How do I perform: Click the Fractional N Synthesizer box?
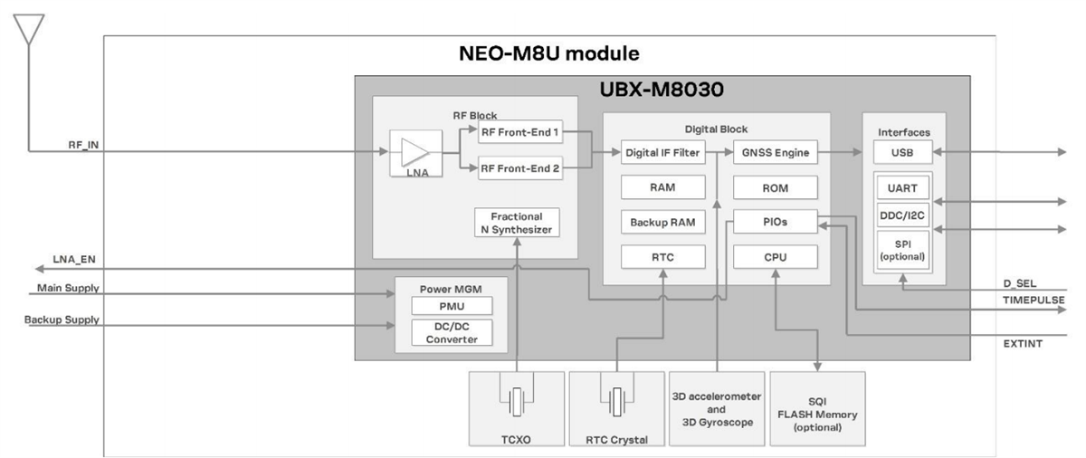516,223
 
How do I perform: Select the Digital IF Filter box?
662,153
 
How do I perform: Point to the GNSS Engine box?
775,153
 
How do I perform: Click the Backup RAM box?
662,223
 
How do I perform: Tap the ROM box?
775,188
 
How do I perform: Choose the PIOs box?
775,223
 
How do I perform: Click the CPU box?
775,258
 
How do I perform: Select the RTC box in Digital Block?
662,258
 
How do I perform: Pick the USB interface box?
902,153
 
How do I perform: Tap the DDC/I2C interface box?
902,215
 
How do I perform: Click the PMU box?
451,308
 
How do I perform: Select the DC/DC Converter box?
451,333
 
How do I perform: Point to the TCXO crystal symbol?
516,399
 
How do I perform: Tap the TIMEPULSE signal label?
1032,300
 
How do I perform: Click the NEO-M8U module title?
549,53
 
